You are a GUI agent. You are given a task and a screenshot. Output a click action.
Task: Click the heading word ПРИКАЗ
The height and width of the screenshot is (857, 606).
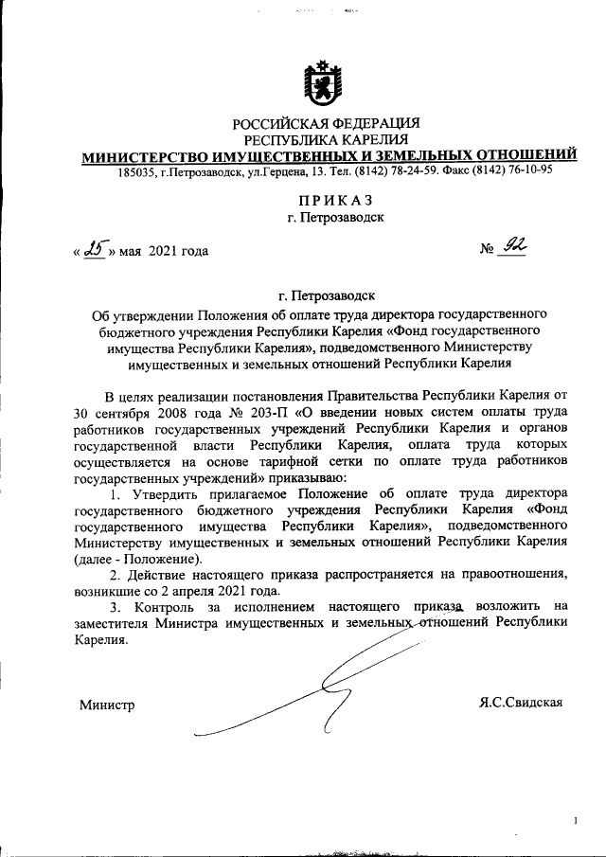pyautogui.click(x=329, y=201)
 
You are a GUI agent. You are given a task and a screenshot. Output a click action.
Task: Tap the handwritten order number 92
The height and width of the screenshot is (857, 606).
pyautogui.click(x=514, y=247)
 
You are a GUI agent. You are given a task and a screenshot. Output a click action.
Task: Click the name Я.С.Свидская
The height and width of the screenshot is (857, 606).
pyautogui.click(x=522, y=702)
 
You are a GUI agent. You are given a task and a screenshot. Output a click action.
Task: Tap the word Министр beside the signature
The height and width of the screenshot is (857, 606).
pyautogui.click(x=106, y=705)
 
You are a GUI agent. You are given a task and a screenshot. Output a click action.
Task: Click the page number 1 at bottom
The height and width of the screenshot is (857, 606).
pyautogui.click(x=575, y=821)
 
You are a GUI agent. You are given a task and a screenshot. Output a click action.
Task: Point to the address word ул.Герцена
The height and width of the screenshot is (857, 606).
pyautogui.click(x=281, y=172)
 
